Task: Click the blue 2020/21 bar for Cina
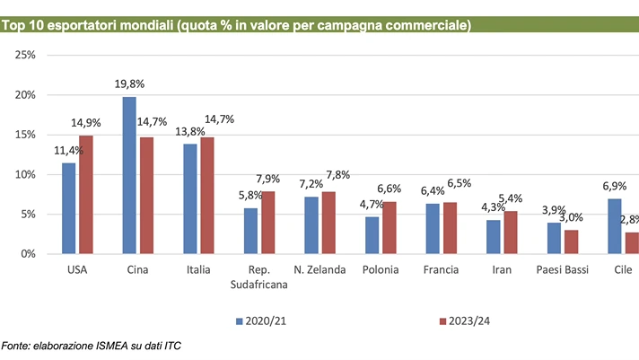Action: tap(129, 175)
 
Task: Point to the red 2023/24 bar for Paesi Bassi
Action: tap(572, 242)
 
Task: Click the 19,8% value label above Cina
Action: tap(130, 83)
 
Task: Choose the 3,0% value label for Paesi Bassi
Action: tap(571, 217)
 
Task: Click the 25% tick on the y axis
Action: tap(25, 56)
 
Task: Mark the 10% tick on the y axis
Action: tap(25, 174)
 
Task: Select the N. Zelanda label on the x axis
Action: tap(319, 269)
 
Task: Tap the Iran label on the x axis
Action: tap(502, 269)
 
